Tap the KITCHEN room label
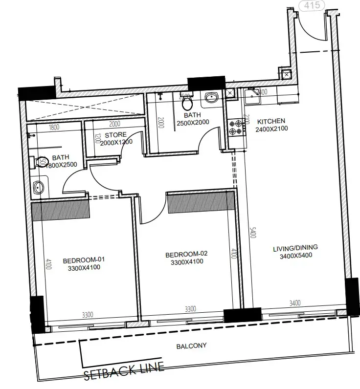point(271,121)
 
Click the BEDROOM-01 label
point(84,259)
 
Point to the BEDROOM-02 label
point(186,254)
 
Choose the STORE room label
point(115,134)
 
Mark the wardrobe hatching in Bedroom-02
point(199,203)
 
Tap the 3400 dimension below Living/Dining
point(295,303)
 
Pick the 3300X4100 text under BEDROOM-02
point(186,262)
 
